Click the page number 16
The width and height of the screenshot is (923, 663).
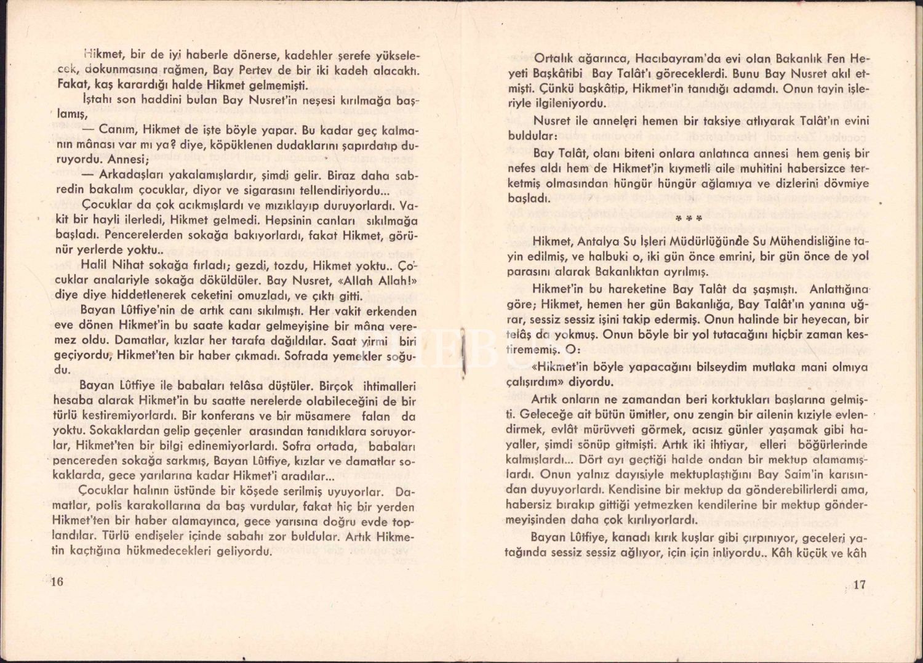[57, 582]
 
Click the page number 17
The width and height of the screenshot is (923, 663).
[859, 584]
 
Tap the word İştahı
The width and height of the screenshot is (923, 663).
[97, 100]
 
